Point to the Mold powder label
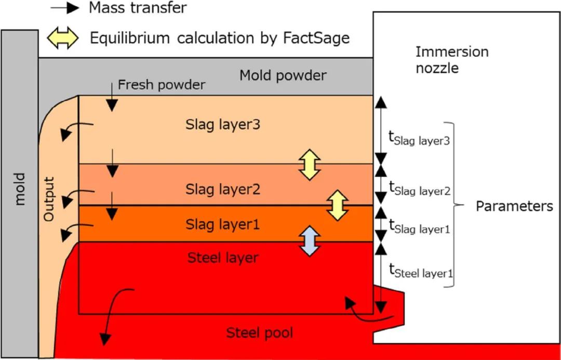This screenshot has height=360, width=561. pyautogui.click(x=283, y=76)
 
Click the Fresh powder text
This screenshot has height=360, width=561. pyautogui.click(x=162, y=85)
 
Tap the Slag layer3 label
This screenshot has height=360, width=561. pyautogui.click(x=223, y=125)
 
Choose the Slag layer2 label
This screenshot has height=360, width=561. pyautogui.click(x=223, y=189)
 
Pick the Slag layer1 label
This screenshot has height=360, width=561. pyautogui.click(x=223, y=224)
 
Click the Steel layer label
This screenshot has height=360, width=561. pyautogui.click(x=223, y=257)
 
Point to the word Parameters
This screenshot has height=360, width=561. pyautogui.click(x=514, y=206)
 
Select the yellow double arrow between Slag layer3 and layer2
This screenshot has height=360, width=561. pyautogui.click(x=310, y=165)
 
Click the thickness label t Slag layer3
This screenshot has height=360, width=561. pyautogui.click(x=419, y=138)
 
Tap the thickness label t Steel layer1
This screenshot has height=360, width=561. pyautogui.click(x=418, y=271)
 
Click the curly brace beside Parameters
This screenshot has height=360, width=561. pyautogui.click(x=455, y=205)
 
